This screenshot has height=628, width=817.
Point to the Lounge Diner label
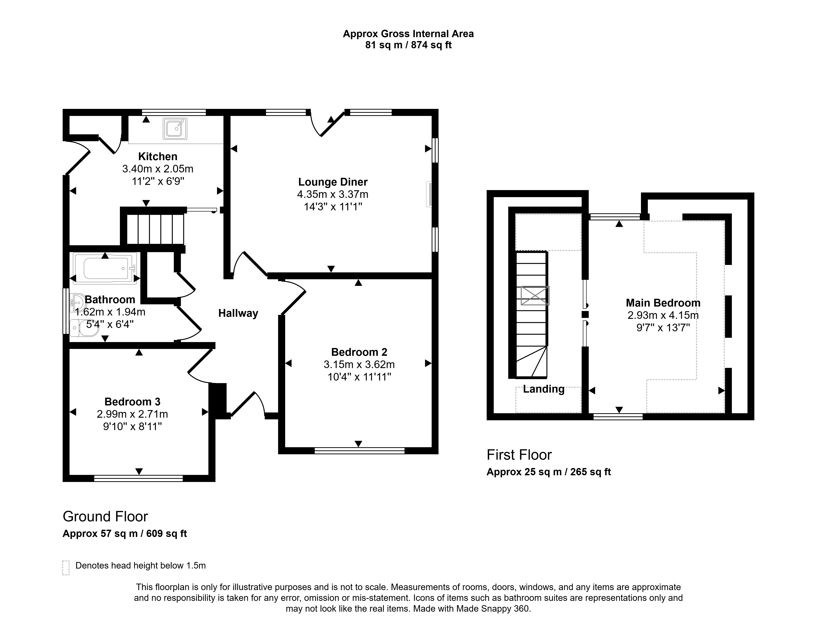[333, 182]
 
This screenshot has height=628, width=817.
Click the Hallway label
[238, 313]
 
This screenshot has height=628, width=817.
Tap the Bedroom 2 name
[359, 352]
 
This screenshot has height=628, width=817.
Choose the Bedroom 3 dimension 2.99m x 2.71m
[132, 414]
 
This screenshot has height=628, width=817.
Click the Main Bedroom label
[663, 303]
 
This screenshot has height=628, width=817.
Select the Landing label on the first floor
[544, 389]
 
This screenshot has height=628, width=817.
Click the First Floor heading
[519, 455]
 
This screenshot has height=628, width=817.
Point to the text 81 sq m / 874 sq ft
[408, 45]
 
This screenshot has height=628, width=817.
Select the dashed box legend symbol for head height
[66, 568]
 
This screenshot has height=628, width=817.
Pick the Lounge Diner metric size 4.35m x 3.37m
[333, 194]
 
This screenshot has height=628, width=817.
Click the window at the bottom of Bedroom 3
[138, 478]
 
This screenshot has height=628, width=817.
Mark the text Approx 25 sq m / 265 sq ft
[549, 472]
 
